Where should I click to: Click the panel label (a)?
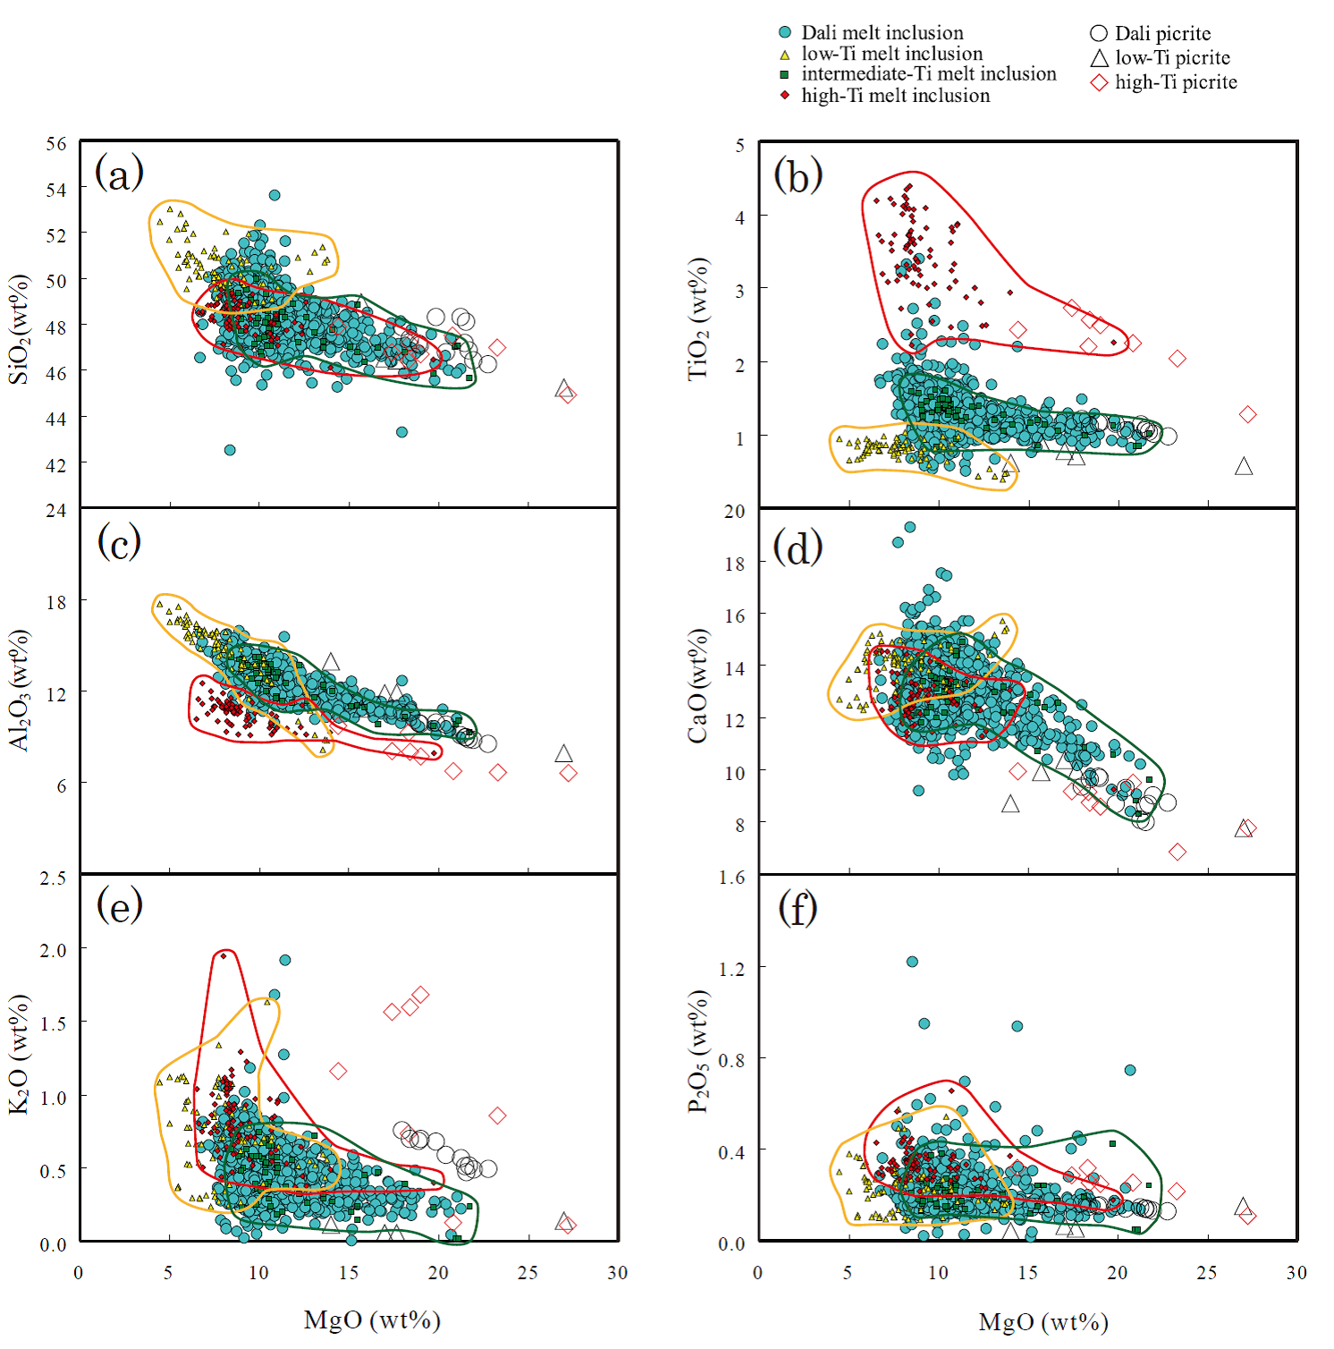(119, 173)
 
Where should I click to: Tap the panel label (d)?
(798, 547)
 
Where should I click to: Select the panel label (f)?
(798, 909)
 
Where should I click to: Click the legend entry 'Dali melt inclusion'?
(882, 33)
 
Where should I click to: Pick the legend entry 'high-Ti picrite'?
(1176, 82)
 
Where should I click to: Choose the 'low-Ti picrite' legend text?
(1172, 58)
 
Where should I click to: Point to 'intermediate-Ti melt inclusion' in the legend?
(928, 74)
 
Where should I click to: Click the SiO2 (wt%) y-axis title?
(20, 328)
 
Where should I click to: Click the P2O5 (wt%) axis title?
(698, 1051)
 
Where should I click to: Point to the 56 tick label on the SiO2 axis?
(56, 144)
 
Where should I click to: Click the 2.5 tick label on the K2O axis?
(53, 878)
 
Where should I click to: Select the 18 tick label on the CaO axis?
(734, 564)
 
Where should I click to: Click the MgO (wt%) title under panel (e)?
(372, 1320)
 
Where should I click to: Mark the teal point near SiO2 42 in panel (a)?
(230, 450)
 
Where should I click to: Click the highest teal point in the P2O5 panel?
(912, 962)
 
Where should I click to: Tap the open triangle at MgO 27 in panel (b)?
(1243, 466)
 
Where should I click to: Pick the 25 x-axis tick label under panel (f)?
(1207, 1273)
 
